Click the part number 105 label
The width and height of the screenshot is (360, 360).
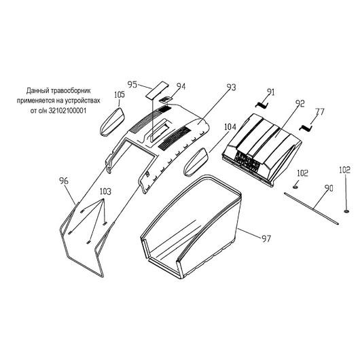coord(120,94)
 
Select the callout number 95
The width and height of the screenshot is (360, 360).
coord(132,84)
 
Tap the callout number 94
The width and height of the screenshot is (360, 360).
coord(181,86)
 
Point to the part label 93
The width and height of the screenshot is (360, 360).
coord(231,87)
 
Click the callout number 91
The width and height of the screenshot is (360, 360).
coord(271,92)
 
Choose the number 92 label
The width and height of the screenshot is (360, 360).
coord(300,103)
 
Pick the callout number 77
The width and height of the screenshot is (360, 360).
coord(320,112)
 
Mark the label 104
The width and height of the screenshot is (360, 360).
coord(230,127)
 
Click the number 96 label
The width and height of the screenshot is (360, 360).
coord(64,181)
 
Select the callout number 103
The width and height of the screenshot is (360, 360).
coord(105,192)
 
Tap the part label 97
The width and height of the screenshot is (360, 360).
coord(266,239)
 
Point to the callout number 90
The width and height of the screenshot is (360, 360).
coord(329,188)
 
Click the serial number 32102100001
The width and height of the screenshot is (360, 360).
coord(67,111)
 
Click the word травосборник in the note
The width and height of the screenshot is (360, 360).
coord(71,91)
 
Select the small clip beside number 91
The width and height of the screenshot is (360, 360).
coord(262,105)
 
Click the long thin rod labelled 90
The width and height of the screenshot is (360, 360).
coord(311,209)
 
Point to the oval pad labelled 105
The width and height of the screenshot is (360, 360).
coord(112,122)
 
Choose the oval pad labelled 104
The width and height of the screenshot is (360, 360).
coord(196,162)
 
